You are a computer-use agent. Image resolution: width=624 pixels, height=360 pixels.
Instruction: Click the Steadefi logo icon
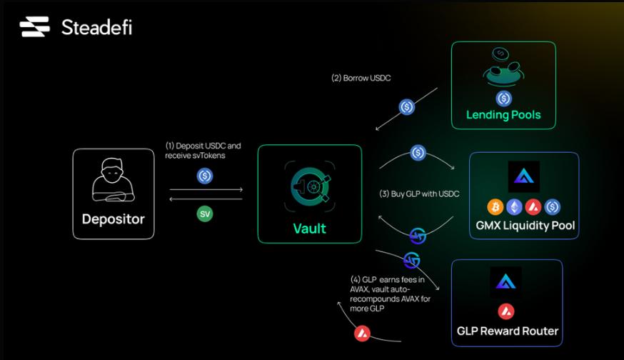pos(34,28)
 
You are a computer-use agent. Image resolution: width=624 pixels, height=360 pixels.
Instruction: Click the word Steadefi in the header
pos(96,28)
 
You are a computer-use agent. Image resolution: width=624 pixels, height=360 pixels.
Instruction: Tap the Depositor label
pos(113,218)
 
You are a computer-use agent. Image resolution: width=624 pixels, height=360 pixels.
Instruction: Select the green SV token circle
pos(205,213)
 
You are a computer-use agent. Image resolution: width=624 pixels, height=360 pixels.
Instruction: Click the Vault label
pos(309,229)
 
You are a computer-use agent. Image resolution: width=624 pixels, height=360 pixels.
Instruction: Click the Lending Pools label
pos(503,114)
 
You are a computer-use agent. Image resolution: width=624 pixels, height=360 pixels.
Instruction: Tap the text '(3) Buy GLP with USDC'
pos(418,194)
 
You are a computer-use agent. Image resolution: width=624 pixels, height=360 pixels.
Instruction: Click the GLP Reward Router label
pos(508,331)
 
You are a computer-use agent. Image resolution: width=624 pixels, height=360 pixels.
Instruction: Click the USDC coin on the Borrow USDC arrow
pos(407,107)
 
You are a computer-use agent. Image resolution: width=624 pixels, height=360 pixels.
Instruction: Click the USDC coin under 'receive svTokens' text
pos(205,175)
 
